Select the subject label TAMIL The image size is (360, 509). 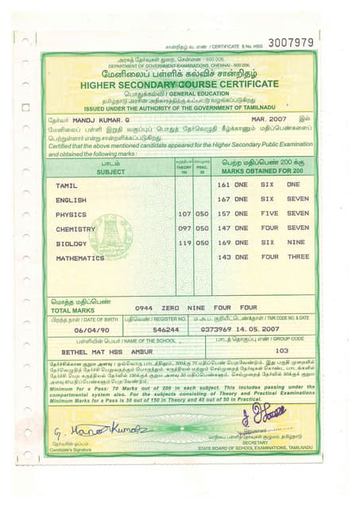point(66,185)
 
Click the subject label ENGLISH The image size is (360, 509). point(71,200)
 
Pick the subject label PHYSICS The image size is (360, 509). point(71,214)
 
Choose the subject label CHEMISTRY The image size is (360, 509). point(75,228)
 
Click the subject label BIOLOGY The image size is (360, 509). point(71,243)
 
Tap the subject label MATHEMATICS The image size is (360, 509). point(79,258)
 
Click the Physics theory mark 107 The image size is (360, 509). point(184,214)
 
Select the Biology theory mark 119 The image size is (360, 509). point(184,243)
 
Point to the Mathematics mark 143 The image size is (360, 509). point(223,258)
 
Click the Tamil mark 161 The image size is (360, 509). point(223,185)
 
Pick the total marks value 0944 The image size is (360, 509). point(143,307)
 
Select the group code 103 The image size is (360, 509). point(281,350)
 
